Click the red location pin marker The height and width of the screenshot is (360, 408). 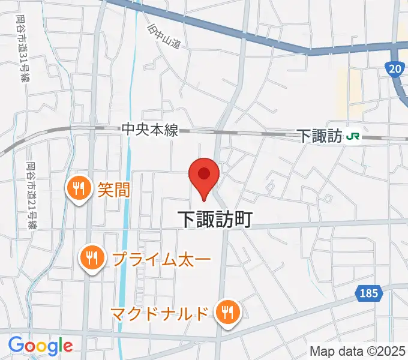click(204, 175)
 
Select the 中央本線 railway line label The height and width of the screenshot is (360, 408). click(150, 130)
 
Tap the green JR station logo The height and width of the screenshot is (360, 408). click(353, 136)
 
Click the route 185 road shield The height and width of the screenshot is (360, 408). click(369, 293)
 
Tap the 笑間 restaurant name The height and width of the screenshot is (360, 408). click(113, 190)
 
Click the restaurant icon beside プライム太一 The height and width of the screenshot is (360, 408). click(91, 259)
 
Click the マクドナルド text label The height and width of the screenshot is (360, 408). click(160, 313)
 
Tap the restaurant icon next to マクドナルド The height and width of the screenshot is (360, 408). click(227, 312)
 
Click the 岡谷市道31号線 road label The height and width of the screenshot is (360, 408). click(20, 48)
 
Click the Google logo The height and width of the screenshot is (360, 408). click(40, 346)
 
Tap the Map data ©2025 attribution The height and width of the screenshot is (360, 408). click(357, 351)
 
